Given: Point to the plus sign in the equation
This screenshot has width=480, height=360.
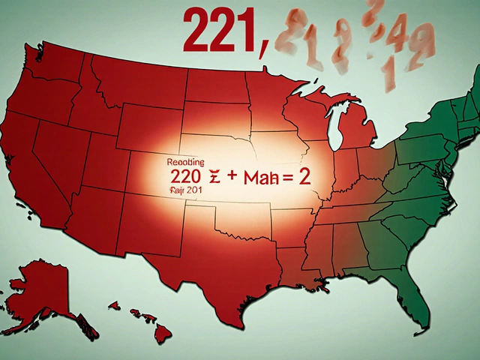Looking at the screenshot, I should pos(233,177).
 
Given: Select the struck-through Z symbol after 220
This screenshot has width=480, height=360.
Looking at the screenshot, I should pos(212,177).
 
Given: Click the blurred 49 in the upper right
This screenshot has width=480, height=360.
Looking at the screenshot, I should pos(409,34).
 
